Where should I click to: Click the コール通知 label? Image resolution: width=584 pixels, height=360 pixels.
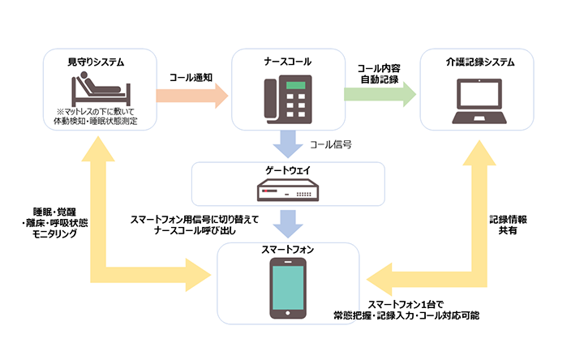(191, 77)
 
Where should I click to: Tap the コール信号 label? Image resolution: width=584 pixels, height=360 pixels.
(330, 146)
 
